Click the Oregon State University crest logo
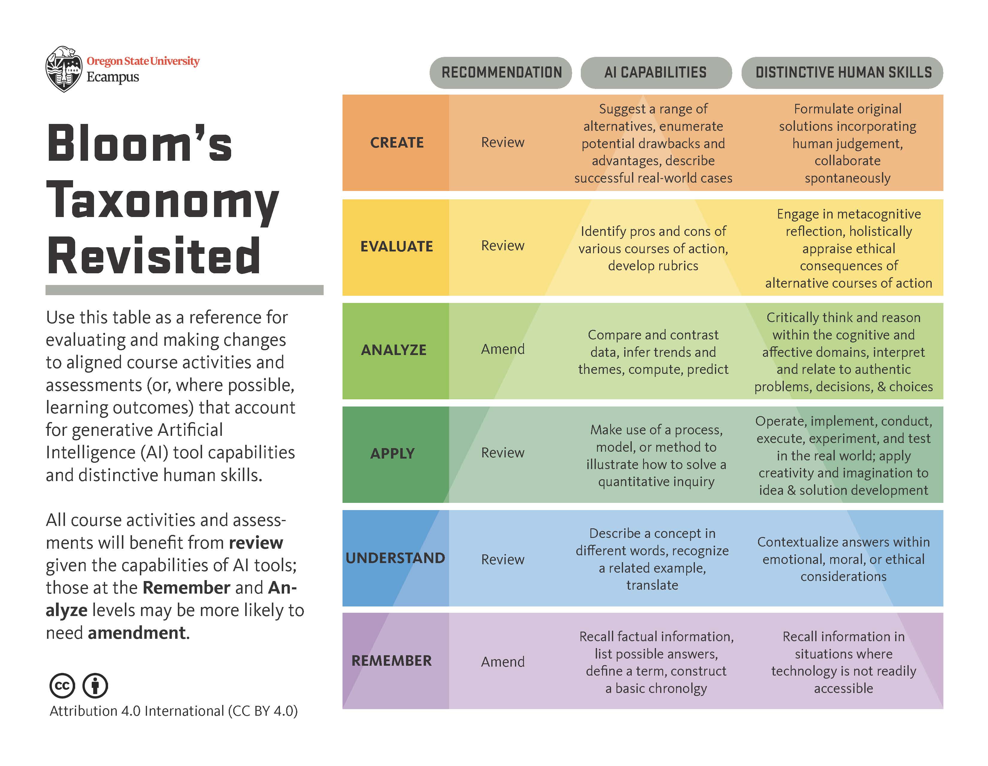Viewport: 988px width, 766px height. click(64, 69)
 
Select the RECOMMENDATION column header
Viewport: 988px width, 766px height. click(501, 72)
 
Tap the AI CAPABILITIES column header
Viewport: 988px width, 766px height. click(655, 72)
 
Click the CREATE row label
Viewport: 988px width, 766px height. click(397, 143)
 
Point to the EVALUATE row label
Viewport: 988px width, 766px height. click(397, 246)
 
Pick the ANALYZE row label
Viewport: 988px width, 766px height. click(394, 350)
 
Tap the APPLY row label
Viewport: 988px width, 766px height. click(392, 453)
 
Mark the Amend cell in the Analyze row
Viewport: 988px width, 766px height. click(503, 349)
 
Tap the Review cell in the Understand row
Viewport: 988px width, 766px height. click(503, 560)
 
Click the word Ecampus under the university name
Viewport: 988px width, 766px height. click(113, 77)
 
